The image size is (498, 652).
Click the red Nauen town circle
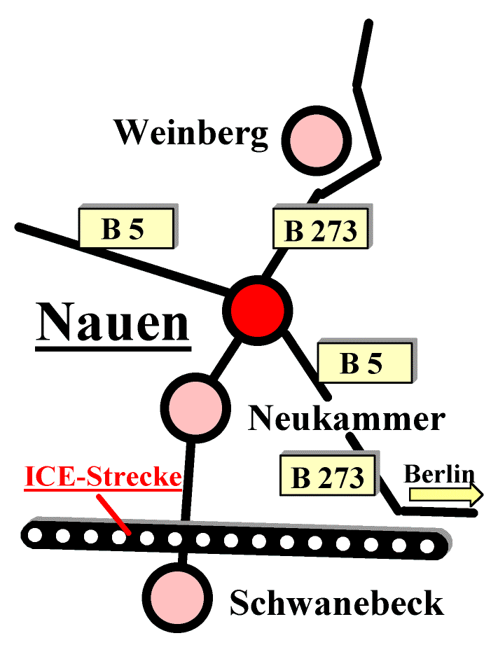point(257,310)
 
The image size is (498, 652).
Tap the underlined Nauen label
point(113,324)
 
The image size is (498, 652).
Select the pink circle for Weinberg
point(317,139)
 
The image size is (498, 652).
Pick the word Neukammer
point(346,419)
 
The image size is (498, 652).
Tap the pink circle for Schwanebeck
point(179,597)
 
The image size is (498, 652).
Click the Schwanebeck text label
point(336,603)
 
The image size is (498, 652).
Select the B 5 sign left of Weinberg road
point(126,228)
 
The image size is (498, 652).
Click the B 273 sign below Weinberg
point(320,230)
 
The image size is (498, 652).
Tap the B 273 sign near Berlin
point(327,477)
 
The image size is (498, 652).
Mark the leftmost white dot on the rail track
point(35,536)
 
